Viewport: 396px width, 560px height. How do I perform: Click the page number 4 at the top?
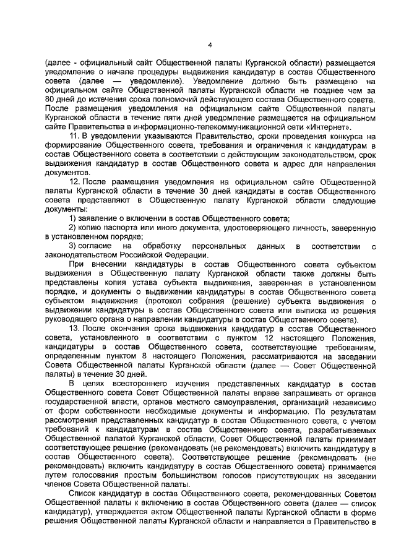coord(210,45)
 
